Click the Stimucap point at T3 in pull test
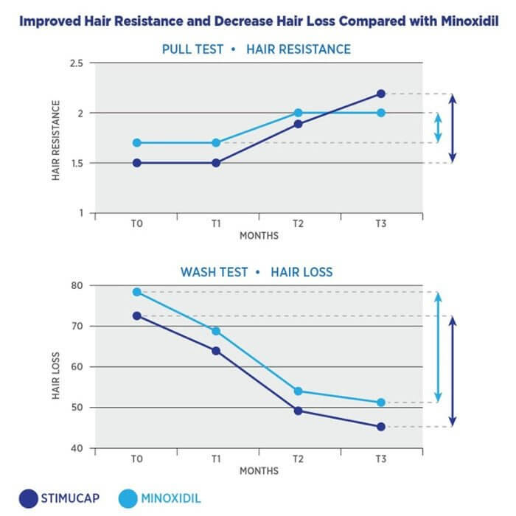point(381,94)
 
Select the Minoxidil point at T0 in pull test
point(136,142)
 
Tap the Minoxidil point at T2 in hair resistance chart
point(299,113)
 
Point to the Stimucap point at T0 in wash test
point(136,315)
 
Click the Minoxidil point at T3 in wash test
point(381,402)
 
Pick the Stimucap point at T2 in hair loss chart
point(299,411)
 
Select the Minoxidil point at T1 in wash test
point(216,331)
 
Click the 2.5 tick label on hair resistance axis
point(76,63)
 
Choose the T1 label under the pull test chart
point(216,223)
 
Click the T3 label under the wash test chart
point(381,459)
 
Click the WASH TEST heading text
point(213,272)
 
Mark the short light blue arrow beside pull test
point(438,128)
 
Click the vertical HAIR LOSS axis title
point(55,366)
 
